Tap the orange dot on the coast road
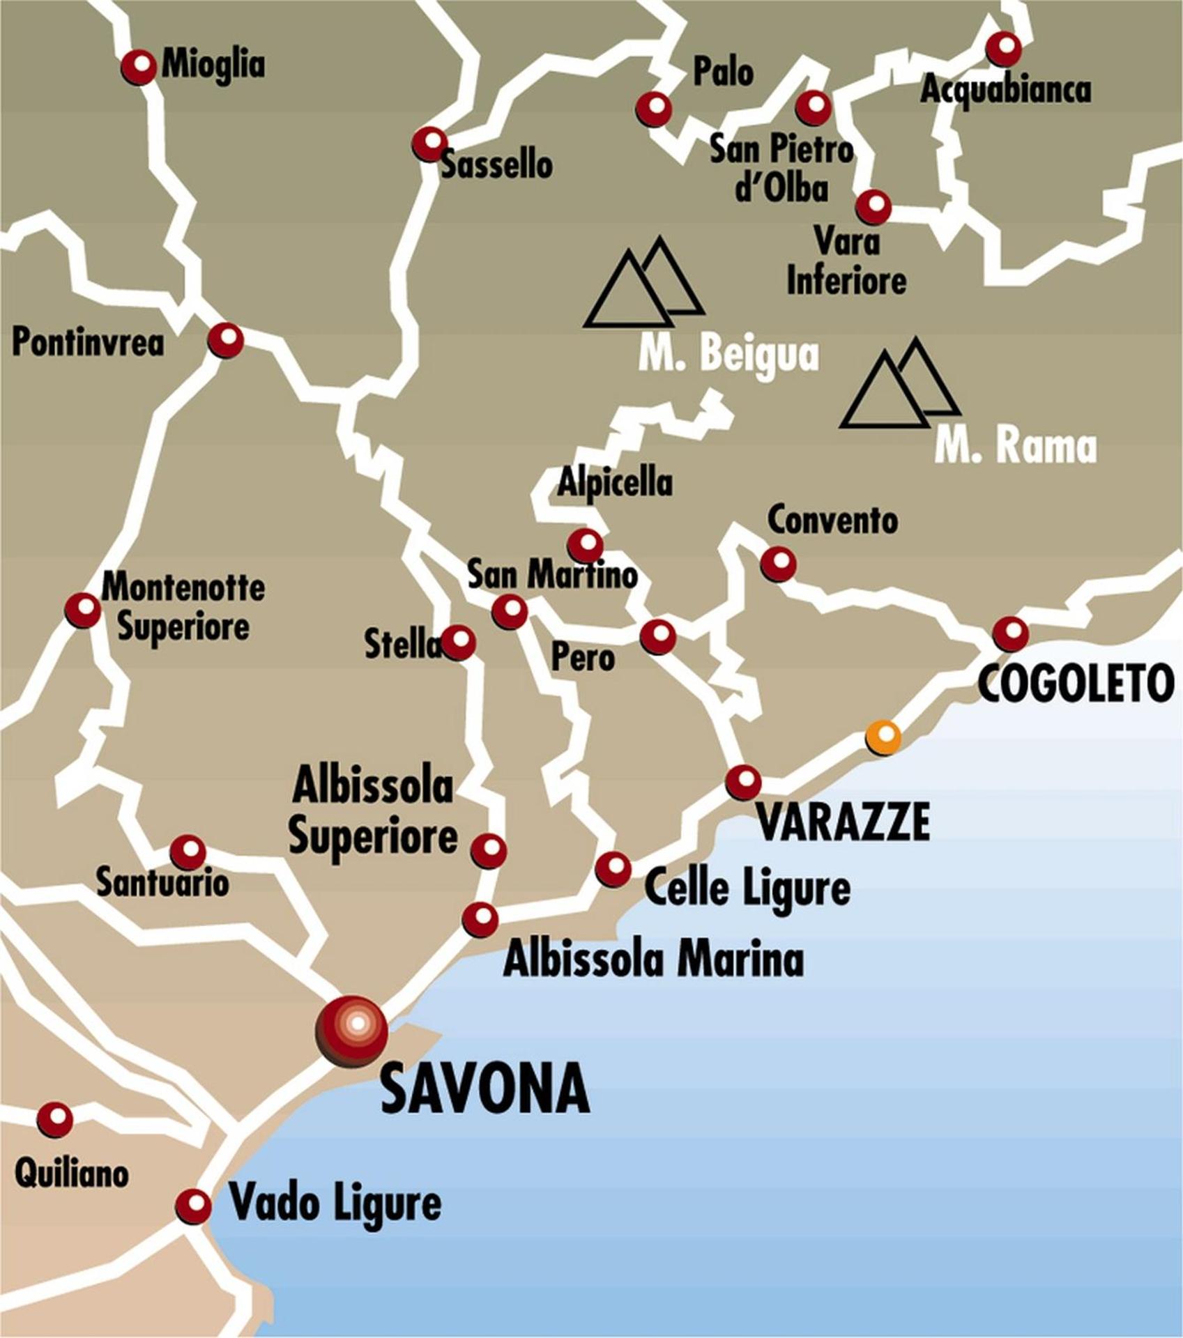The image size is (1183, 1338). (883, 736)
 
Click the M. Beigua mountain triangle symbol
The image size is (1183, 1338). (643, 284)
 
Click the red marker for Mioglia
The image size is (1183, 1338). (139, 67)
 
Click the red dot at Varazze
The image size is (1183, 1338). (744, 782)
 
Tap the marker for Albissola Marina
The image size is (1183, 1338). (480, 919)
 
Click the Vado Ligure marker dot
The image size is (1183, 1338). (193, 1206)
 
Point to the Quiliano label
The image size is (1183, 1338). (72, 1174)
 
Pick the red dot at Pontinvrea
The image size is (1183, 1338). (226, 340)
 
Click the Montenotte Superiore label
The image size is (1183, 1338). (183, 607)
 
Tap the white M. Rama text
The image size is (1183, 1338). (1015, 446)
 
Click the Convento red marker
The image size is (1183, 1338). (779, 563)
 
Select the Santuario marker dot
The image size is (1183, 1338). (188, 852)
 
